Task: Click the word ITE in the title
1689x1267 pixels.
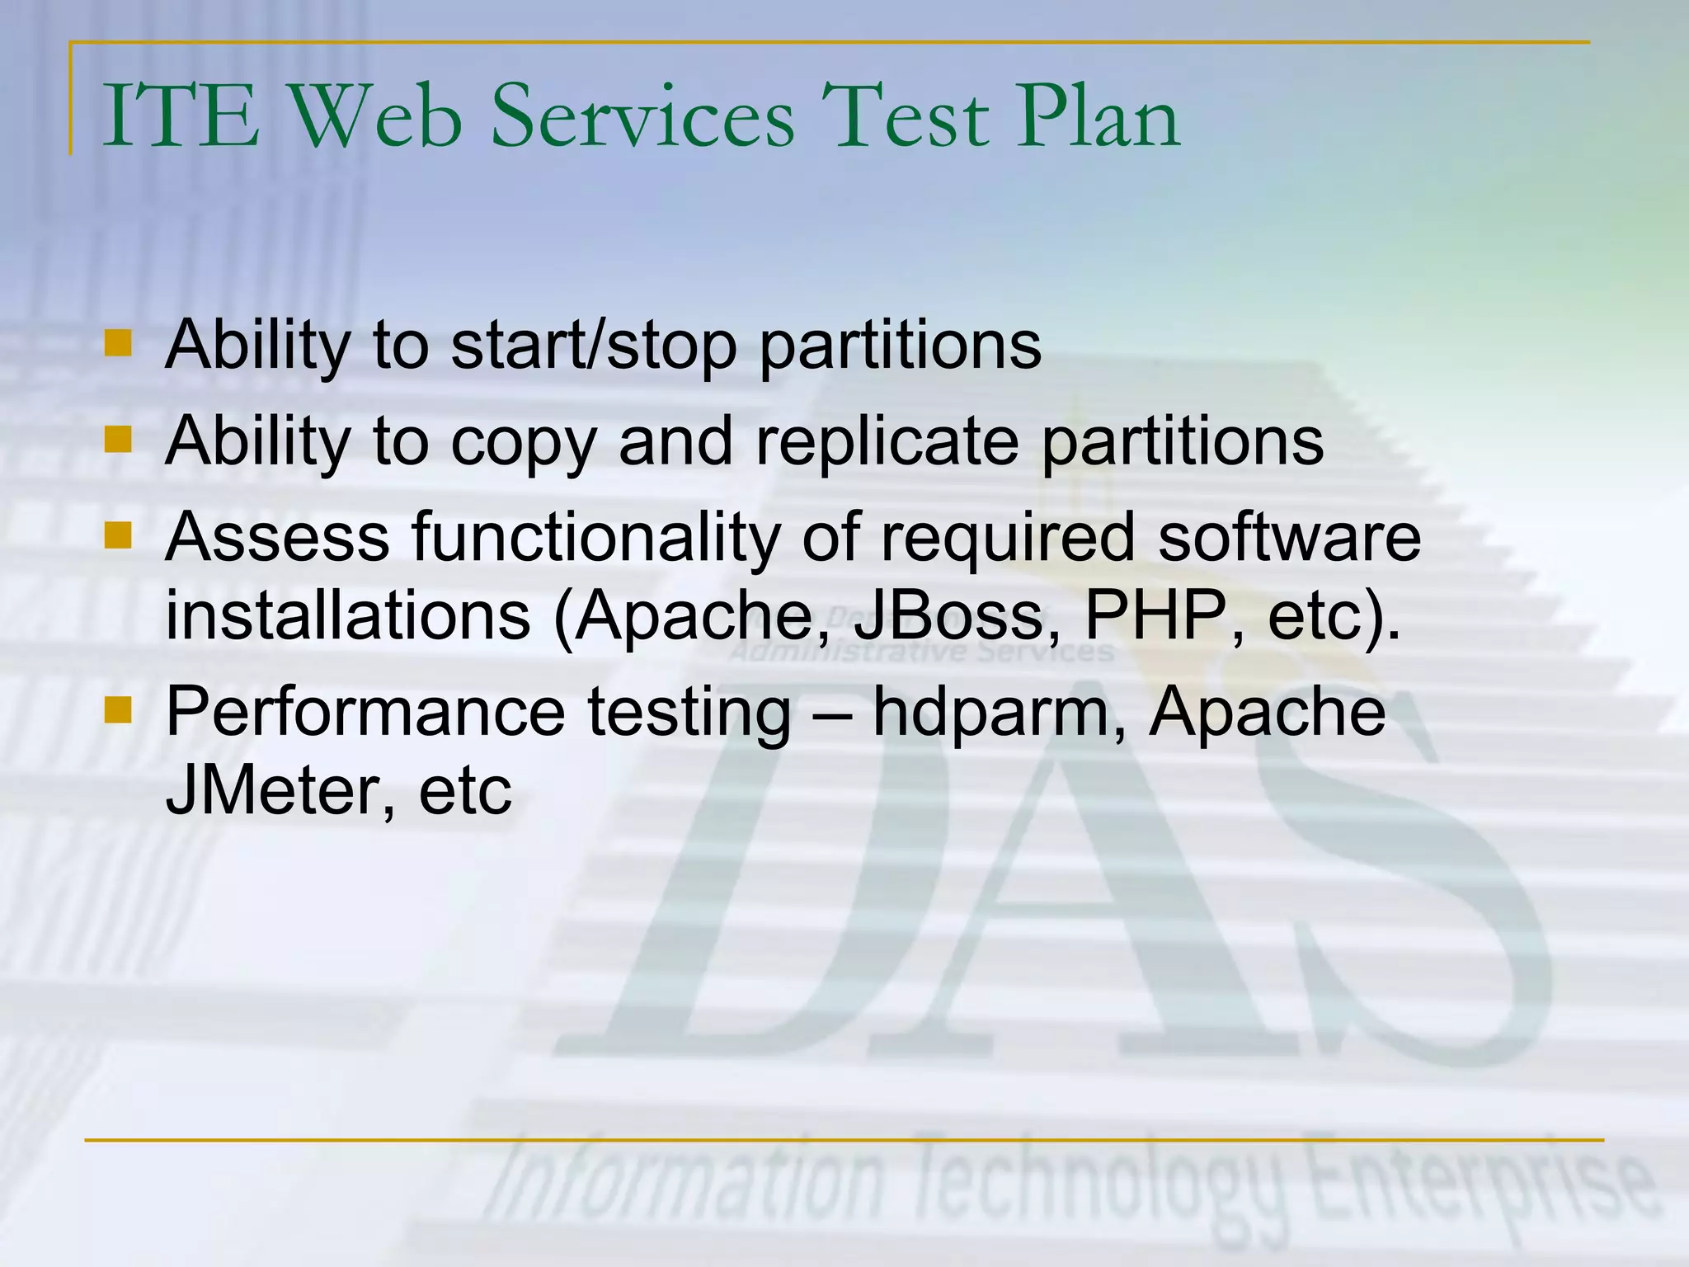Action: coord(180,117)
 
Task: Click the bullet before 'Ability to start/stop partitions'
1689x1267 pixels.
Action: coord(119,343)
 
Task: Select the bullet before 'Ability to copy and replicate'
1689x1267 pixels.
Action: coord(119,440)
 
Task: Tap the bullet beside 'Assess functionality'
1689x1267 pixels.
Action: coord(119,535)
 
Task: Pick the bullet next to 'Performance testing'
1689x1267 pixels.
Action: coord(119,709)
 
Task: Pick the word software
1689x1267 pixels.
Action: coord(1289,538)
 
